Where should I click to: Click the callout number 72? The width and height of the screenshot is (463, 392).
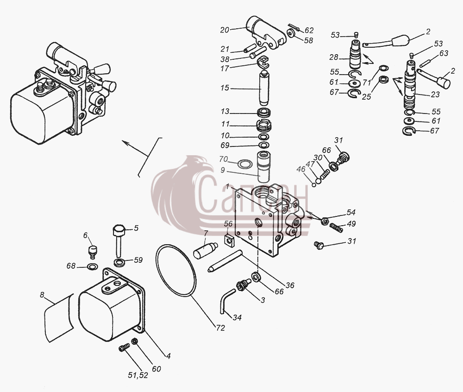[x=220, y=328]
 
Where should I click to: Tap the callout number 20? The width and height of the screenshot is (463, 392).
[x=225, y=30]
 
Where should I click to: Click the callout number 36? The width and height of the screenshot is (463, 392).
[x=290, y=285]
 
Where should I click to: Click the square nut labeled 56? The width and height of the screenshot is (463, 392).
[x=229, y=240]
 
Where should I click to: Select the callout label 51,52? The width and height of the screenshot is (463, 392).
[x=138, y=375]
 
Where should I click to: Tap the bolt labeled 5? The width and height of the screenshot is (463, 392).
[x=119, y=240]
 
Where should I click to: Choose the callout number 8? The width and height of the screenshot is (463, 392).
[x=42, y=295]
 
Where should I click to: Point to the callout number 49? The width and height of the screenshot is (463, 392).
[x=351, y=224]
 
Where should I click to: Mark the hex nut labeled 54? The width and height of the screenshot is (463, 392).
[x=325, y=221]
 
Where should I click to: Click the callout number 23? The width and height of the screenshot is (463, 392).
[x=435, y=94]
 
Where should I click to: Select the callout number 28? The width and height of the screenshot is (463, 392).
[x=334, y=57]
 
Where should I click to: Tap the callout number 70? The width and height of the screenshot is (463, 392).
[x=224, y=159]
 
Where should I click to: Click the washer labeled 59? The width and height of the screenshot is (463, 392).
[x=119, y=262]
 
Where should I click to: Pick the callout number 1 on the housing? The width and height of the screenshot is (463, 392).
[x=227, y=186]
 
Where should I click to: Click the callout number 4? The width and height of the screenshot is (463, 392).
[x=169, y=356]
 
